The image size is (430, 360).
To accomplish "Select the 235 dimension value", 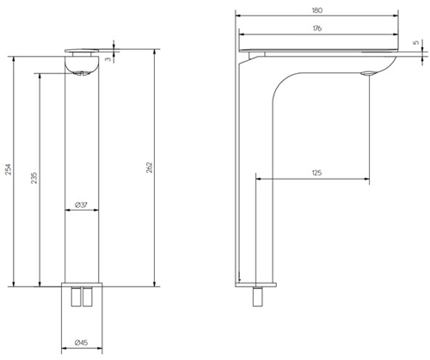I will coord(34,178).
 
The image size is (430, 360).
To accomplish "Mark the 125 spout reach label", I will coord(316,174).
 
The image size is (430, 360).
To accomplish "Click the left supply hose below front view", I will coord(75,298).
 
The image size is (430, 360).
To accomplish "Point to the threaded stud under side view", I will coord(257,297).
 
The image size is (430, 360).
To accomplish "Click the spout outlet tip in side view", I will coord(369,73).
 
